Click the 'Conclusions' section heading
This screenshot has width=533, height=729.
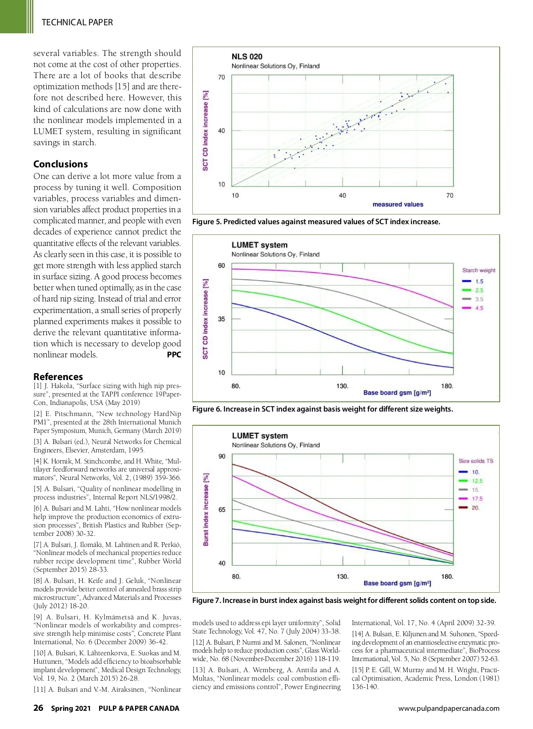click(x=60, y=164)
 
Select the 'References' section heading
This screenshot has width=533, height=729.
click(x=58, y=376)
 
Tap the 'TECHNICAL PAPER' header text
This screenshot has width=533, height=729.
click(x=77, y=22)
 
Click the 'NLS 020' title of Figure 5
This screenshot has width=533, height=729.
click(x=247, y=56)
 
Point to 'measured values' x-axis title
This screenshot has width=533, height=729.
click(x=398, y=205)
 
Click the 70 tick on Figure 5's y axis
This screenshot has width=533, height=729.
click(x=221, y=77)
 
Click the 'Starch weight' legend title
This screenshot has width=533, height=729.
click(x=478, y=270)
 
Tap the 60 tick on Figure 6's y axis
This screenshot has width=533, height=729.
click(x=221, y=265)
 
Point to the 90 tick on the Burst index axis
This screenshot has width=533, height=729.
click(x=222, y=456)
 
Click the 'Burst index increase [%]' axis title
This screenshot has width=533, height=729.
click(x=206, y=510)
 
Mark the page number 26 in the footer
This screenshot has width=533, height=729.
click(x=38, y=708)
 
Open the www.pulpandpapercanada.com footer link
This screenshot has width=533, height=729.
click(x=449, y=709)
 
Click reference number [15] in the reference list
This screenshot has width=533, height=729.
click(x=358, y=670)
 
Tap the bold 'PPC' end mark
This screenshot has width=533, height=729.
click(x=174, y=355)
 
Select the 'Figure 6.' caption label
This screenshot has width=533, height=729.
click(x=207, y=409)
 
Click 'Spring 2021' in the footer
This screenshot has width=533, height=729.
click(x=71, y=709)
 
